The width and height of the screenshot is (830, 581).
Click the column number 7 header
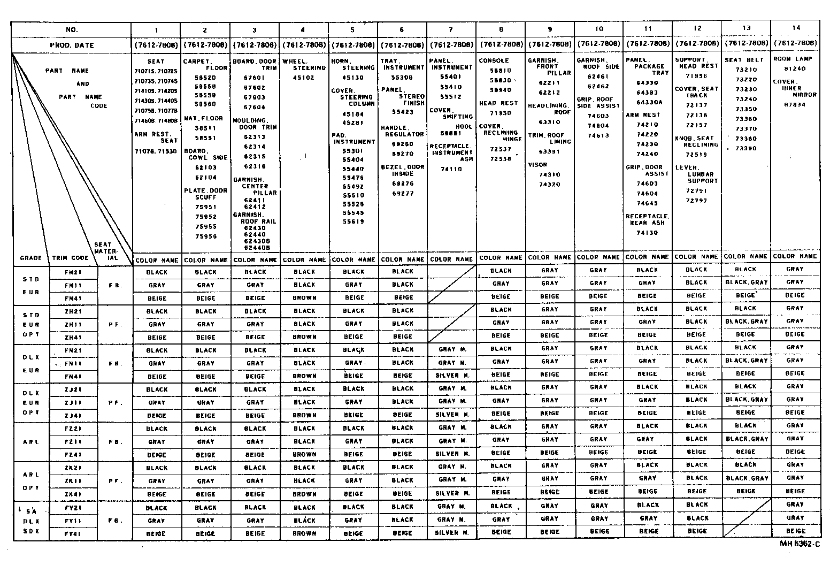coord(451,30)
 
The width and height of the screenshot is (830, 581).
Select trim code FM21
coord(73,272)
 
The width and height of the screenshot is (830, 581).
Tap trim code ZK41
coord(73,494)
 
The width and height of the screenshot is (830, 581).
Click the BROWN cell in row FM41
coord(304,298)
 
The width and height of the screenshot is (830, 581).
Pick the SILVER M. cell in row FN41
coord(452,376)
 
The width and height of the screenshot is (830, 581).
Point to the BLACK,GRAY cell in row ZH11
coord(746,322)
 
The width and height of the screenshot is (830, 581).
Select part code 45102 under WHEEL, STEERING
coord(304,78)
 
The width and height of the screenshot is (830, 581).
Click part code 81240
coord(795,69)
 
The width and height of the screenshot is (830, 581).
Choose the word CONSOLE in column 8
coord(494,61)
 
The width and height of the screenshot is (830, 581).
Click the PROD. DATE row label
coord(72,45)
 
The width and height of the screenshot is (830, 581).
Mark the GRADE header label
coord(31,258)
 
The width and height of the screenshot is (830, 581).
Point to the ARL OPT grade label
coord(31,481)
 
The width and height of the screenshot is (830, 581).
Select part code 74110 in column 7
coord(451,169)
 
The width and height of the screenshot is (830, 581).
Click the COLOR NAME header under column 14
coord(795,257)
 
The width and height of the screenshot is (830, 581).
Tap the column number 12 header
coord(697,28)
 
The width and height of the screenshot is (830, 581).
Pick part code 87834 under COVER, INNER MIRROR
coord(795,105)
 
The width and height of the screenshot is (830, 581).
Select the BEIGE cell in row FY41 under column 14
coord(795,531)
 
